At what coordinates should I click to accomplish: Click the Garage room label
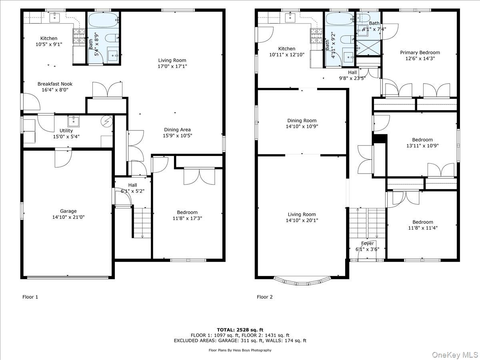coord(68,211)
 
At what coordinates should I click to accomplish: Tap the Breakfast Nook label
coord(55,84)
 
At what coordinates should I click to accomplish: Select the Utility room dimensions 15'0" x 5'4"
coord(66,137)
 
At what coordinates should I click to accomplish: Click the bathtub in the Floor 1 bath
coord(103,20)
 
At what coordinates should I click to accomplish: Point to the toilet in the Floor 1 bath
coord(112,38)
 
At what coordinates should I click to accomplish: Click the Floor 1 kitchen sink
coord(54,18)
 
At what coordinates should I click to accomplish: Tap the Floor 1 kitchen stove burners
coord(79,36)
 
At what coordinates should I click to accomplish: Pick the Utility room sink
coord(74,121)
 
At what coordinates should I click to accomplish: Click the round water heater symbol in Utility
coord(107,121)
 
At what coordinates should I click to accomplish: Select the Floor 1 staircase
coord(142,223)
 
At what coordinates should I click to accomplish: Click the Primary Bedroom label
coord(420,52)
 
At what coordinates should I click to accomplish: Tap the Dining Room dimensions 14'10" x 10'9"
coord(302,126)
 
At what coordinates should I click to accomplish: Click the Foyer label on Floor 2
coord(367,243)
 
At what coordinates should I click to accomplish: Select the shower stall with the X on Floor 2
coord(368,48)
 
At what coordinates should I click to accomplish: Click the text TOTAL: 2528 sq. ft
coord(240,330)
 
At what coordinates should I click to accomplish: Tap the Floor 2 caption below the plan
coord(265,297)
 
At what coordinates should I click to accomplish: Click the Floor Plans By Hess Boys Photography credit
coord(240,350)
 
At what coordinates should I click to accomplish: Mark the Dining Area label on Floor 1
coord(177,130)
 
